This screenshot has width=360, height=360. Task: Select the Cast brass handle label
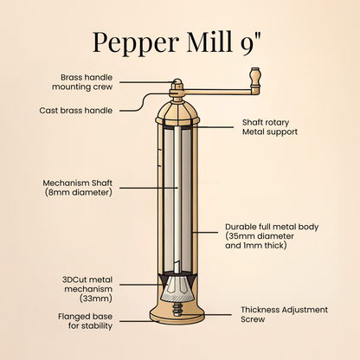[77, 111]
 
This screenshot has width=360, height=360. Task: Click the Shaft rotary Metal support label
[270, 127]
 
